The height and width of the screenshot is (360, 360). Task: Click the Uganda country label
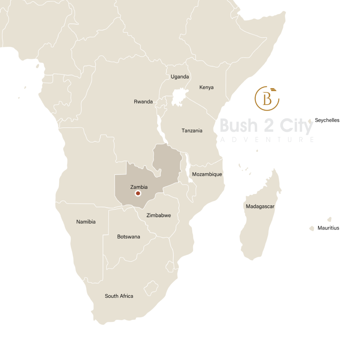tap(180, 77)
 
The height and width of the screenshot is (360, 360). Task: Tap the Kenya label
tap(206, 87)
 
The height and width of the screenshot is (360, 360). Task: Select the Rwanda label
tap(143, 102)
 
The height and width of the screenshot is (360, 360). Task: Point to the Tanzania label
tap(192, 130)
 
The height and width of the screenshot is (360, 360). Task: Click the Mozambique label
tap(207, 174)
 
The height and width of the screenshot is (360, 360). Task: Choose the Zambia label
tap(139, 187)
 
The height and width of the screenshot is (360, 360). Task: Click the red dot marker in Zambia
tap(137, 194)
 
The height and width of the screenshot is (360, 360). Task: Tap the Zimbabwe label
tap(158, 215)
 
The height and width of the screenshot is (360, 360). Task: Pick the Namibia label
tap(86, 222)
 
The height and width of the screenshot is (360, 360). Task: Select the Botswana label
tap(128, 237)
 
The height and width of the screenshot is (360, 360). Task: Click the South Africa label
tap(119, 296)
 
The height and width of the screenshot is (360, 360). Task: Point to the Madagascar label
tap(260, 206)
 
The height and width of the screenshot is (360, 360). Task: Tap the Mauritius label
tap(328, 228)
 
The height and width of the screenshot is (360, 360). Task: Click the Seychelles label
tap(327, 120)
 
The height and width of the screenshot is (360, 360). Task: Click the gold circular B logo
tap(267, 98)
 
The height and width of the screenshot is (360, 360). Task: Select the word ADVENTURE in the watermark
tap(267, 139)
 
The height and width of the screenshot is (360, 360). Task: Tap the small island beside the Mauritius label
tap(312, 228)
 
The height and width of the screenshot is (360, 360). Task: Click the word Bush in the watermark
tap(239, 126)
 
